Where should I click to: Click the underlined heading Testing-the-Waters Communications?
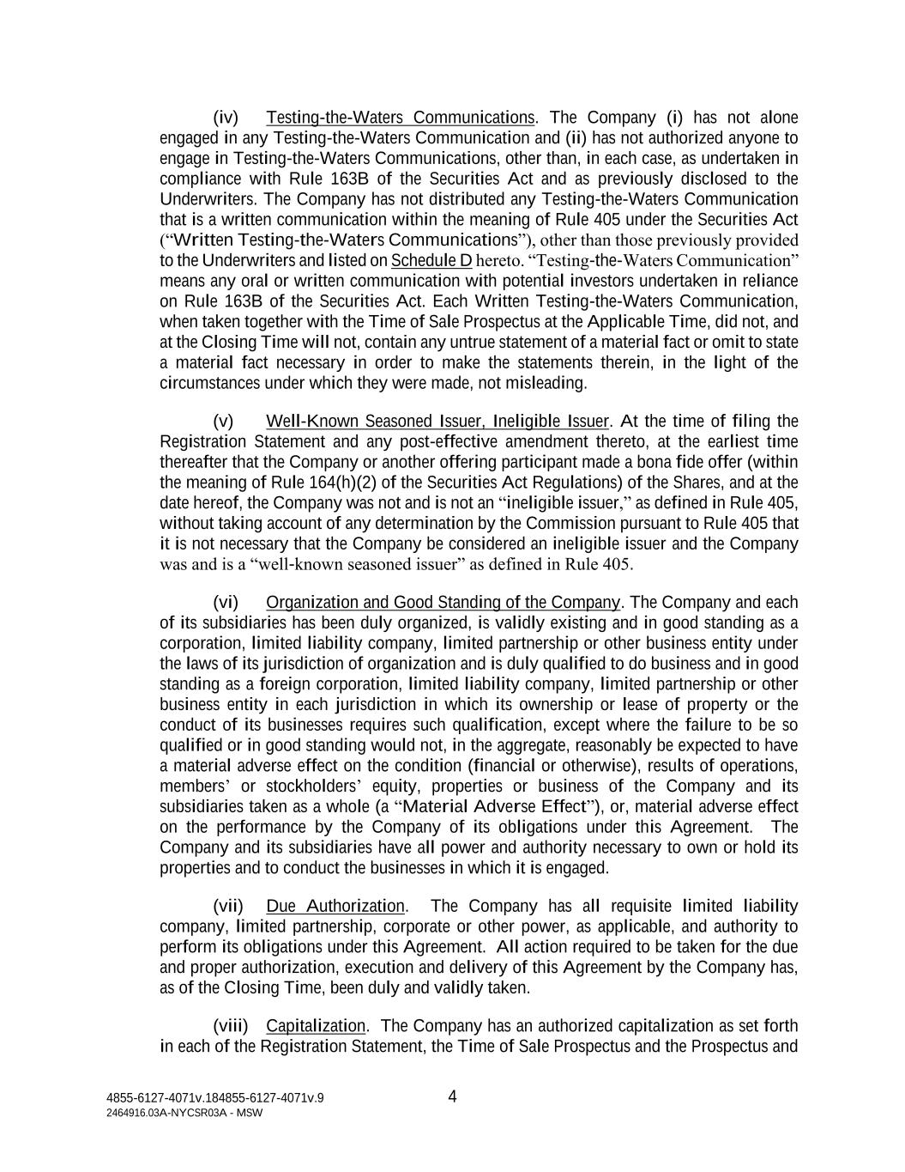coord(401,118)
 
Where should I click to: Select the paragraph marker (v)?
coord(223,422)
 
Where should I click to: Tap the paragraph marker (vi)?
coord(225,603)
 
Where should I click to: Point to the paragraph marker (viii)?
coord(230,1027)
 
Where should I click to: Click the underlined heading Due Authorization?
coord(335,907)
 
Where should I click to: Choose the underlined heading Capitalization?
coord(316,1027)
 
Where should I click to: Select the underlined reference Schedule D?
coord(431,261)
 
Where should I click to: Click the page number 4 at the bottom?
coord(453,1096)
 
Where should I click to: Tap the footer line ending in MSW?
coord(184,1113)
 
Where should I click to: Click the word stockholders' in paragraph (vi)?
coord(314,786)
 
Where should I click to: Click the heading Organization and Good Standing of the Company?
coord(443,603)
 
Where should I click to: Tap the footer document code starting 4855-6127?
coord(215,1097)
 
